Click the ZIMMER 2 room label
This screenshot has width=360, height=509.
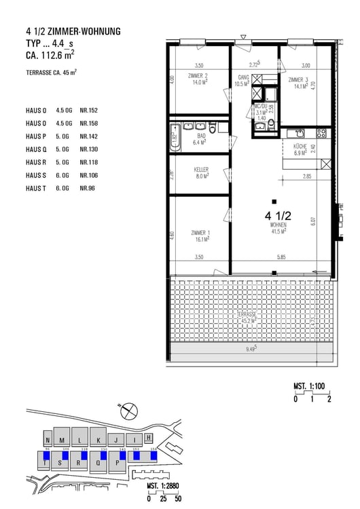[198, 79]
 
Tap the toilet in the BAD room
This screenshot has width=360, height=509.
[213, 128]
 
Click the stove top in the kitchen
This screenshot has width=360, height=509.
[321, 132]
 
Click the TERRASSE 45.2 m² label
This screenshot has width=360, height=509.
[247, 318]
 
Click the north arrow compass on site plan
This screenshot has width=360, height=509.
[127, 411]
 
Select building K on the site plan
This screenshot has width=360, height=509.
[98, 439]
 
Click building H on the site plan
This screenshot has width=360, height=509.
[149, 438]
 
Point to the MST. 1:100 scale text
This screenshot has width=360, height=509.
[310, 386]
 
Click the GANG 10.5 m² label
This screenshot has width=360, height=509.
[244, 81]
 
